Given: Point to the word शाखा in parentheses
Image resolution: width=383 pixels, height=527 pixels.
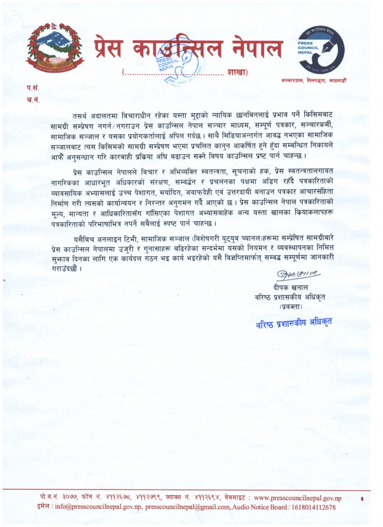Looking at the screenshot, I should coord(236,72).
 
